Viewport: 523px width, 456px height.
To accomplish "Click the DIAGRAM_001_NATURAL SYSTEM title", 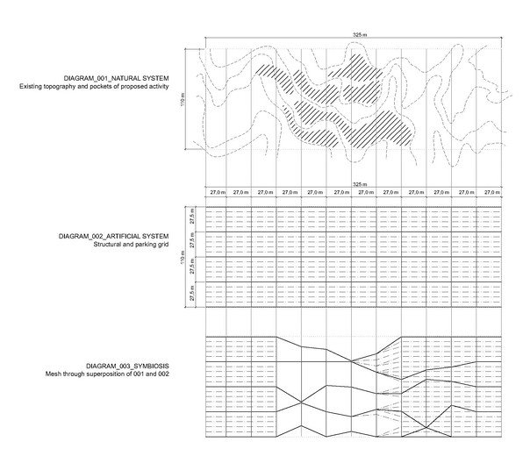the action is pyautogui.click(x=116, y=78).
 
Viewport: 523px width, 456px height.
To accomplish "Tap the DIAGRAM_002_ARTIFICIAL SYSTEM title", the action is pyautogui.click(x=114, y=237).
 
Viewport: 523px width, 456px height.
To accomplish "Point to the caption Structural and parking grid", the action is pyautogui.click(x=131, y=245).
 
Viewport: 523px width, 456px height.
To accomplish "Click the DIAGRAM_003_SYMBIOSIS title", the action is pyautogui.click(x=127, y=366).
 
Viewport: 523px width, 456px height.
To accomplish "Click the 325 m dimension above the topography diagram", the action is pyautogui.click(x=360, y=35).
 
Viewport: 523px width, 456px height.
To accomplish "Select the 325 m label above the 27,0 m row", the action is pyautogui.click(x=360, y=184).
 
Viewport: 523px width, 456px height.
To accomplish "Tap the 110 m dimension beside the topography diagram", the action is pyautogui.click(x=183, y=100).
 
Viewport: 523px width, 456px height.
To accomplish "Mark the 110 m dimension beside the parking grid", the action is pyautogui.click(x=183, y=257).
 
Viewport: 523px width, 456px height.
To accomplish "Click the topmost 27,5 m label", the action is pyautogui.click(x=192, y=217).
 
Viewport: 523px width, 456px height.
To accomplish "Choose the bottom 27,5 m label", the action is pyautogui.click(x=192, y=294).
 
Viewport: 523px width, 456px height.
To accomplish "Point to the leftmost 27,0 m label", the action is pyautogui.click(x=218, y=192).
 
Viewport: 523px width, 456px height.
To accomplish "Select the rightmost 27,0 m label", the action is pyautogui.click(x=492, y=192).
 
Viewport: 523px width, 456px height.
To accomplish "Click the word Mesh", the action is pyautogui.click(x=53, y=374).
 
